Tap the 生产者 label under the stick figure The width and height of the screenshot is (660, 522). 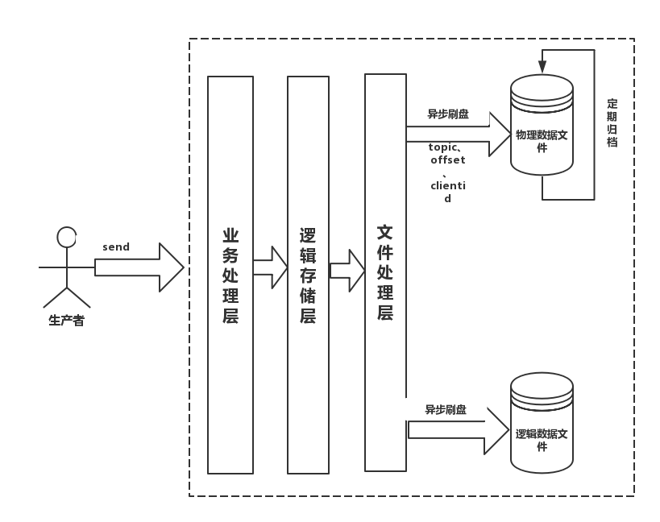click(67, 321)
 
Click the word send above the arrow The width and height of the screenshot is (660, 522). click(116, 247)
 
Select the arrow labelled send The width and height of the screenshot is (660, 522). click(139, 267)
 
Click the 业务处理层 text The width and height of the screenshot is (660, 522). click(230, 276)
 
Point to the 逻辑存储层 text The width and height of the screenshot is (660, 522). click(308, 276)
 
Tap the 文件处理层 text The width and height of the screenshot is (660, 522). click(385, 272)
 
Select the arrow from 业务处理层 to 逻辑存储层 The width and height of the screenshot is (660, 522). click(270, 267)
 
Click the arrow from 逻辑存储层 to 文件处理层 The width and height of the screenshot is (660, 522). click(347, 271)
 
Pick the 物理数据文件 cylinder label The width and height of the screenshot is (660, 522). click(542, 141)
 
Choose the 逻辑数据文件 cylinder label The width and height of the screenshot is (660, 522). click(542, 440)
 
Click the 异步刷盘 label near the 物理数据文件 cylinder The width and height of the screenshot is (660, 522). click(448, 114)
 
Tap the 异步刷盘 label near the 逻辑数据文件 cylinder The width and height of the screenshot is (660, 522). click(446, 410)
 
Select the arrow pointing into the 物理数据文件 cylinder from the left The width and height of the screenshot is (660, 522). click(459, 135)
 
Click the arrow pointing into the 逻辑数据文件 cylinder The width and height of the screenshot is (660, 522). click(459, 430)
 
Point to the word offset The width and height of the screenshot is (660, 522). click(448, 159)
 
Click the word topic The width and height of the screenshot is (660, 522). click(442, 147)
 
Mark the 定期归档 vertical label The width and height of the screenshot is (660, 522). click(612, 122)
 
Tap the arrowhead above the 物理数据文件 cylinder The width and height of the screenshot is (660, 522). click(542, 67)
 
